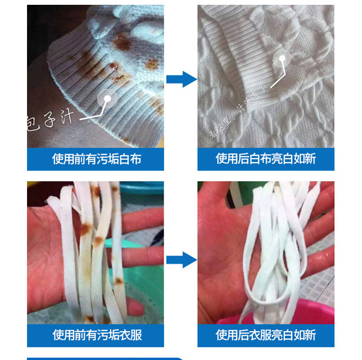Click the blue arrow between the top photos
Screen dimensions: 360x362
pyautogui.click(x=181, y=79)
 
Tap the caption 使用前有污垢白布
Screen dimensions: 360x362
pyautogui.click(x=96, y=159)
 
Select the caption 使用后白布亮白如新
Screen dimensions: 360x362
pyautogui.click(x=265, y=159)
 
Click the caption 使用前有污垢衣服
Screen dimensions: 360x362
pyautogui.click(x=96, y=335)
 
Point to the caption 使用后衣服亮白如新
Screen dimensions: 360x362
pyautogui.click(x=265, y=335)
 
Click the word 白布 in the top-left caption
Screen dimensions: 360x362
pyautogui.click(x=129, y=159)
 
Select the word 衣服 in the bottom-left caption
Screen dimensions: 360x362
pyautogui.click(x=129, y=335)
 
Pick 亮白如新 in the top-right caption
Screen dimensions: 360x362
pyautogui.click(x=293, y=159)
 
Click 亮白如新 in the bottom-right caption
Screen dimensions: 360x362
pyautogui.click(x=293, y=335)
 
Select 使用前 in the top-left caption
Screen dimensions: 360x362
pyautogui.click(x=69, y=159)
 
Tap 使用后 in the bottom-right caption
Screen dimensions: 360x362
pyautogui.click(x=232, y=335)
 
